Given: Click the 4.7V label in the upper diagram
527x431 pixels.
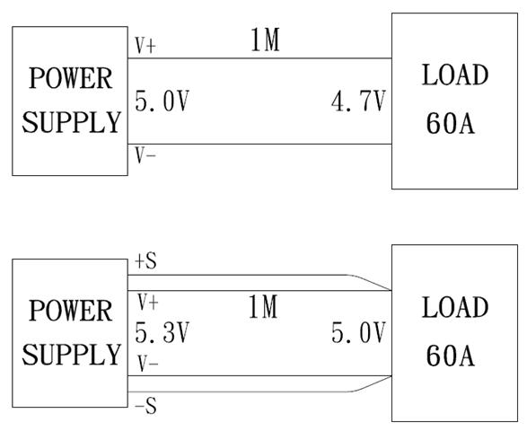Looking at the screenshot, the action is [x=358, y=101].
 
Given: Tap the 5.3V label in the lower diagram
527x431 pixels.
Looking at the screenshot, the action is [x=162, y=332].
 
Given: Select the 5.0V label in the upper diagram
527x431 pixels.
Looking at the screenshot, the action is [x=162, y=101].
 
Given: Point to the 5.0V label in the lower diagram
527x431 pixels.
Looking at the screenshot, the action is [x=358, y=332].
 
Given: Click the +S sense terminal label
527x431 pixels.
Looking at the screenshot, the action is [x=145, y=261].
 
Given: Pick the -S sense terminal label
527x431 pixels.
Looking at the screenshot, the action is [x=145, y=406].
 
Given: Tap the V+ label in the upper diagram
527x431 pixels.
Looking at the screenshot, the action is [x=145, y=46].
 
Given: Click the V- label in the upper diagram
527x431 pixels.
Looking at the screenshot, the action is [x=145, y=155].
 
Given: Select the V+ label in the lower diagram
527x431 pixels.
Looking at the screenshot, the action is [x=148, y=302].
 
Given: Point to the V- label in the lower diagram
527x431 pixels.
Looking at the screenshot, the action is [x=148, y=364].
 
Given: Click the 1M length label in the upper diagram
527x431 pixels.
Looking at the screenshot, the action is [x=265, y=40].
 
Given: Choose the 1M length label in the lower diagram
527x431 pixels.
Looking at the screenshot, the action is [x=263, y=306].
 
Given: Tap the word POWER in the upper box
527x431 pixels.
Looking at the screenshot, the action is [x=71, y=78].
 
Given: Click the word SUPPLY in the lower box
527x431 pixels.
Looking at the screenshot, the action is [x=71, y=355].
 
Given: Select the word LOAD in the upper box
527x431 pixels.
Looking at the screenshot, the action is [x=455, y=75].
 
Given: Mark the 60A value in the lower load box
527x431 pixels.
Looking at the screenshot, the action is [x=451, y=356].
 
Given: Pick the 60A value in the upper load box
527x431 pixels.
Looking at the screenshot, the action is [x=451, y=123].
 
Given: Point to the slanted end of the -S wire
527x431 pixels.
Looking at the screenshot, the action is [x=371, y=384].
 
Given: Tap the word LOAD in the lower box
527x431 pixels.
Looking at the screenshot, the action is [x=455, y=307].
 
